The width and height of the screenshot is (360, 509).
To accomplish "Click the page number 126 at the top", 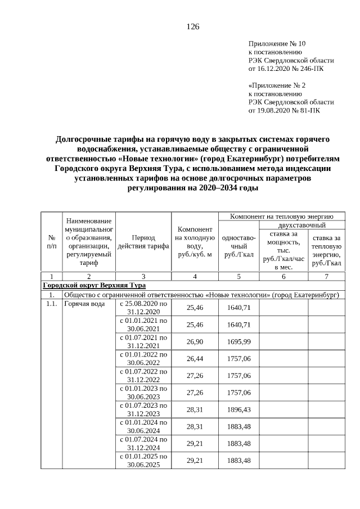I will (x=193, y=26).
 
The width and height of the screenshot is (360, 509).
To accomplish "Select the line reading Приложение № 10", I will (x=277, y=43).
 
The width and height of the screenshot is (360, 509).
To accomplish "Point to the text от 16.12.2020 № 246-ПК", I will (x=286, y=69).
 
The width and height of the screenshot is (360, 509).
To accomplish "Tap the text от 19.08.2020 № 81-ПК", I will (x=284, y=111).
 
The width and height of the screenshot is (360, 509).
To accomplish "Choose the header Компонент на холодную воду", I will (x=195, y=242).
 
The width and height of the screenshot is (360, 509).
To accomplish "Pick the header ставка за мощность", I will (x=283, y=250).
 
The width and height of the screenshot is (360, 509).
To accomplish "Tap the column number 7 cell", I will (x=326, y=276).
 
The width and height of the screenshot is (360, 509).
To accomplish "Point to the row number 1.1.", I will (x=51, y=304).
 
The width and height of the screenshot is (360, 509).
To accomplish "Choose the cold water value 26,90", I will (x=195, y=341).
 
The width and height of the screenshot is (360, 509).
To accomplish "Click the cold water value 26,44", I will (x=195, y=358).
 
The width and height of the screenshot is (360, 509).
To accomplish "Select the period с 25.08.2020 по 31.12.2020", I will (x=143, y=308).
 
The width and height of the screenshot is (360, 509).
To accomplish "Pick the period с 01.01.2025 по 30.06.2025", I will (x=143, y=461).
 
